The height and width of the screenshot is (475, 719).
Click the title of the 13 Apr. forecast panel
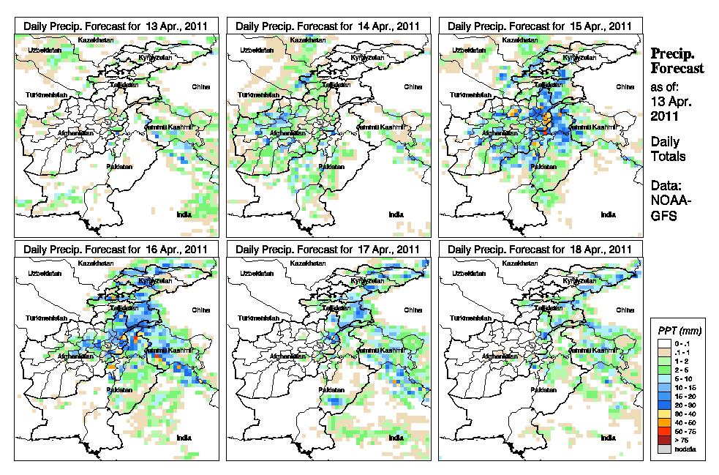(116, 25)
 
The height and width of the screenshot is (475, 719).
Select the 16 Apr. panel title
(116, 250)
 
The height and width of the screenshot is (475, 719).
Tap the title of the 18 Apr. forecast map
(540, 250)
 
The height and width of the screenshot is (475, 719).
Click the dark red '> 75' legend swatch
(663, 441)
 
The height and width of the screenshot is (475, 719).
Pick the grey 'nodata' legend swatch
(663, 449)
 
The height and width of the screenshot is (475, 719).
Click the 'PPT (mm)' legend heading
(677, 331)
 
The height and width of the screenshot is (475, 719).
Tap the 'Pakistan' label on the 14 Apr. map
(329, 167)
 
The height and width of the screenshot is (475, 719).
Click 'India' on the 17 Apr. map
(396, 438)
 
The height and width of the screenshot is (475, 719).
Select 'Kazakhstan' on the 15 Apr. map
(524, 40)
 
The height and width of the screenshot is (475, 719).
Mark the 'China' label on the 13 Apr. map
(200, 86)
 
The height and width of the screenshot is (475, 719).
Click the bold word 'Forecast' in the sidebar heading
(678, 69)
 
